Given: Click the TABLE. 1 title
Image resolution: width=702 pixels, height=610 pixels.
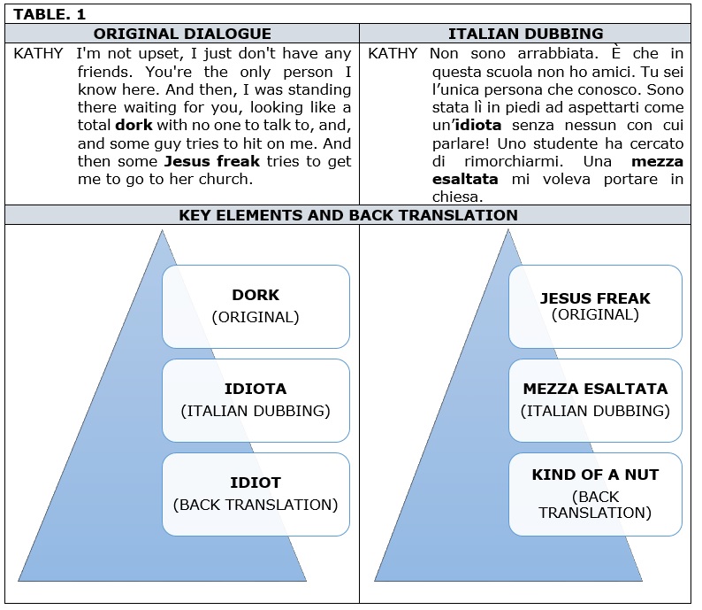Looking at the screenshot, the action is [x=50, y=14].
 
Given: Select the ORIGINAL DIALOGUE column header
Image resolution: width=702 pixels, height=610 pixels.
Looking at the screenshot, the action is [x=182, y=34].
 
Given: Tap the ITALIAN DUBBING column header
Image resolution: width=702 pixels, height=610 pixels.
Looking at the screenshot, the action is [x=525, y=34].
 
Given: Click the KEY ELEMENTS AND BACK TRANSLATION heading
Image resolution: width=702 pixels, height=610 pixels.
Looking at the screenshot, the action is [x=348, y=215].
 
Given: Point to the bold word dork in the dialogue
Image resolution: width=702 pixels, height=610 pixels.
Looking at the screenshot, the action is [x=134, y=125].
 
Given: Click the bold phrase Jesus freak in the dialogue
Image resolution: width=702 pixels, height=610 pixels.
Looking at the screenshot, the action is [x=212, y=161].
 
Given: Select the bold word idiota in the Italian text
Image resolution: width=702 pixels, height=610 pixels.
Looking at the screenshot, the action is [x=477, y=125].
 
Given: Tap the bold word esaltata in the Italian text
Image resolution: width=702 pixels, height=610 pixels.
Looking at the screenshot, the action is [x=465, y=179].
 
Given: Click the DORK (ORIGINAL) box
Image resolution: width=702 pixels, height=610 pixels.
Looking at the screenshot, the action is [x=256, y=306].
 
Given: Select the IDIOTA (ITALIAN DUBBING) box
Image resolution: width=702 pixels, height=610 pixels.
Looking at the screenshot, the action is [x=256, y=400].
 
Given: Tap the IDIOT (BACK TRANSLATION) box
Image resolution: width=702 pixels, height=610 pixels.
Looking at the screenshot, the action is [x=256, y=494].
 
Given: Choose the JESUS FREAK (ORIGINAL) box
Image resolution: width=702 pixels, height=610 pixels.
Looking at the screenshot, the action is [x=595, y=306].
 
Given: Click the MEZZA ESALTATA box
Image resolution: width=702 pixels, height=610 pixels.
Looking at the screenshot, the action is [x=595, y=400].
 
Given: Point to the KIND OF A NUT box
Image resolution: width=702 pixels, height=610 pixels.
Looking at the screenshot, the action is [x=595, y=494].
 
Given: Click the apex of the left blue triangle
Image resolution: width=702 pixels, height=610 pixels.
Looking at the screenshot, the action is [x=162, y=230].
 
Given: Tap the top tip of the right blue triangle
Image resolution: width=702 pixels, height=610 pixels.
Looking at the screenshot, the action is [x=508, y=229].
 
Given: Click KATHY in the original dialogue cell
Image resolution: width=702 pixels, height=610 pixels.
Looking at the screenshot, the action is [x=39, y=53].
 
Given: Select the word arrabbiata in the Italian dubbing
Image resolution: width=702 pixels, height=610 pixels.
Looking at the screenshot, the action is [x=558, y=53].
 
